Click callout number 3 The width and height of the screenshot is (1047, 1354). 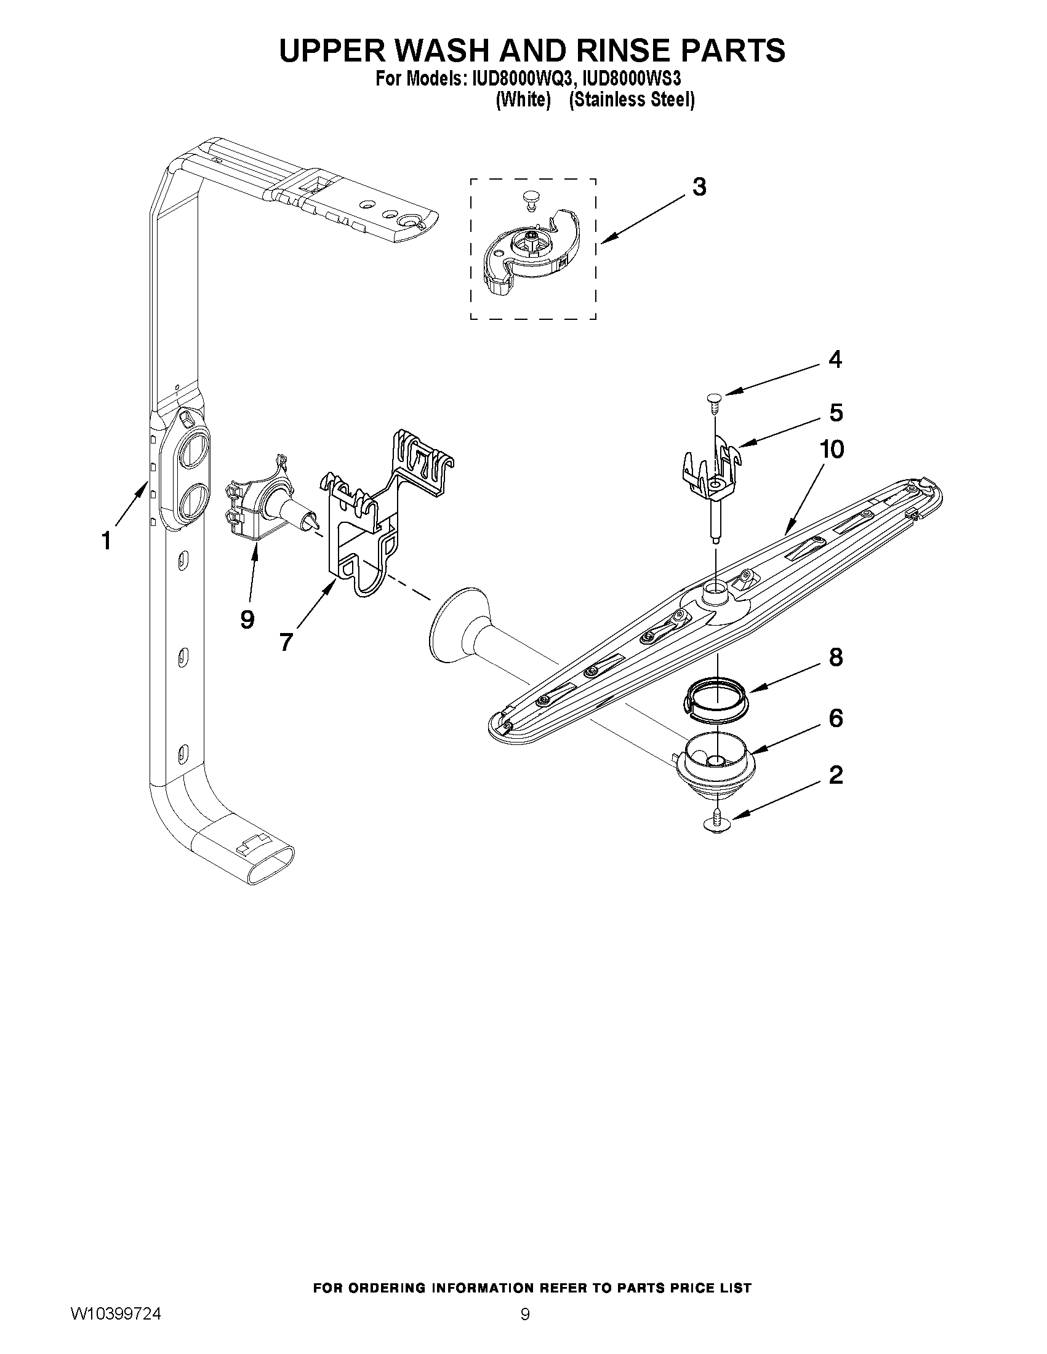tap(699, 186)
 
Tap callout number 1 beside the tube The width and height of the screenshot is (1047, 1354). tap(106, 541)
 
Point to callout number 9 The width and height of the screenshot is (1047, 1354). tap(247, 618)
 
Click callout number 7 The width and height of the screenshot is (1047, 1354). tap(286, 642)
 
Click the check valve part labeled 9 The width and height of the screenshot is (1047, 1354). tap(260, 505)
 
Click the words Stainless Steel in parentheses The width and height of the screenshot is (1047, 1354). tap(631, 100)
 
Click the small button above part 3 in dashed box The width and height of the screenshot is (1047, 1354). tap(529, 197)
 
